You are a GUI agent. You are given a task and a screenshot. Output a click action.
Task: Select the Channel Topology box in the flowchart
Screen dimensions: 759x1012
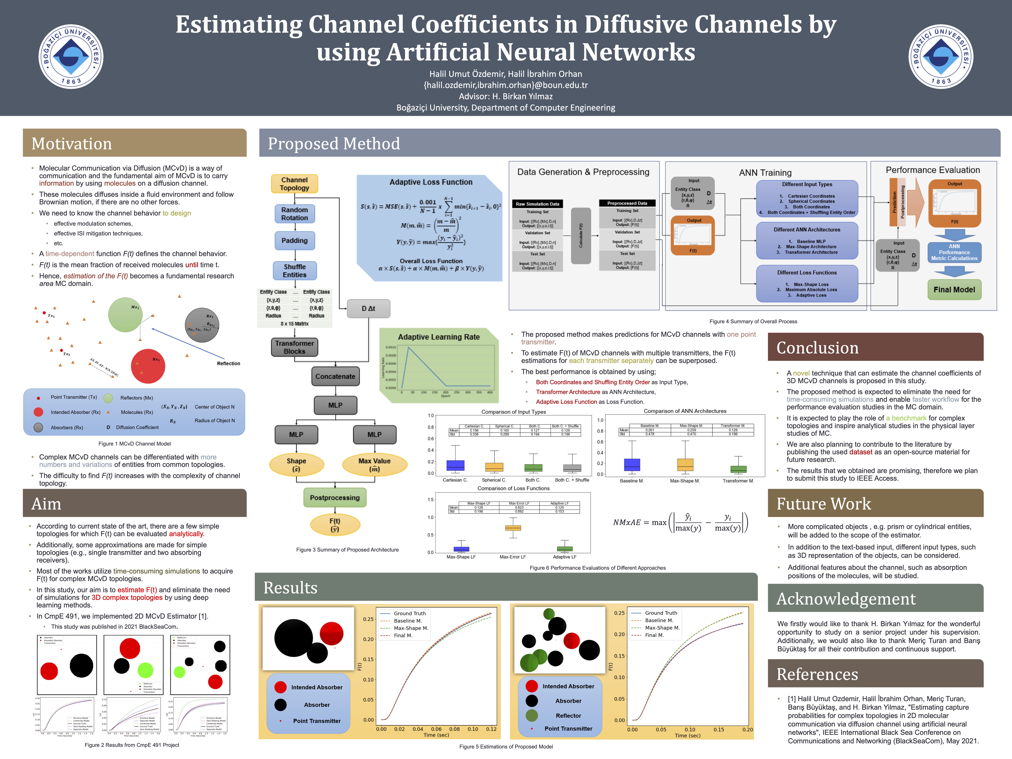(x=295, y=184)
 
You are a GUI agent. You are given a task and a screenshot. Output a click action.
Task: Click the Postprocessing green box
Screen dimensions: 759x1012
(x=335, y=498)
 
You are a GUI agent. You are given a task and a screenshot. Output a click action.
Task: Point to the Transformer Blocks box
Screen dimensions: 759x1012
(x=295, y=347)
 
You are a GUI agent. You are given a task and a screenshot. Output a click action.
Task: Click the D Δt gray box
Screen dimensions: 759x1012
(x=368, y=308)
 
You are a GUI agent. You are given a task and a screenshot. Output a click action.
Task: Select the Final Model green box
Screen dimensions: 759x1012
(x=954, y=290)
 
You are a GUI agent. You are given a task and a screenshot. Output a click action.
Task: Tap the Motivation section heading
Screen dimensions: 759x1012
(x=72, y=144)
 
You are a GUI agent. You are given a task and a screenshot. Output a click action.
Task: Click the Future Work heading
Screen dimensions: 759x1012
(x=824, y=504)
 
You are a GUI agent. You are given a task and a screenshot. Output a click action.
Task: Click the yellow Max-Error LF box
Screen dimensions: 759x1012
(x=513, y=528)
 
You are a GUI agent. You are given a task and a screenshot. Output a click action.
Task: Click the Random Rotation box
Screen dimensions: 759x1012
(x=295, y=214)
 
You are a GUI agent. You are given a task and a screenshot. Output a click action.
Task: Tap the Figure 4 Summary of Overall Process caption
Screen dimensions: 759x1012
(x=753, y=322)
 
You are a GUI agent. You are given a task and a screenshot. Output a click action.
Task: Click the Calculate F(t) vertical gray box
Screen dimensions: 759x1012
(x=581, y=236)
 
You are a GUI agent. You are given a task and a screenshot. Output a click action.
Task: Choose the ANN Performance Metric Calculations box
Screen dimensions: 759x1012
(x=954, y=253)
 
